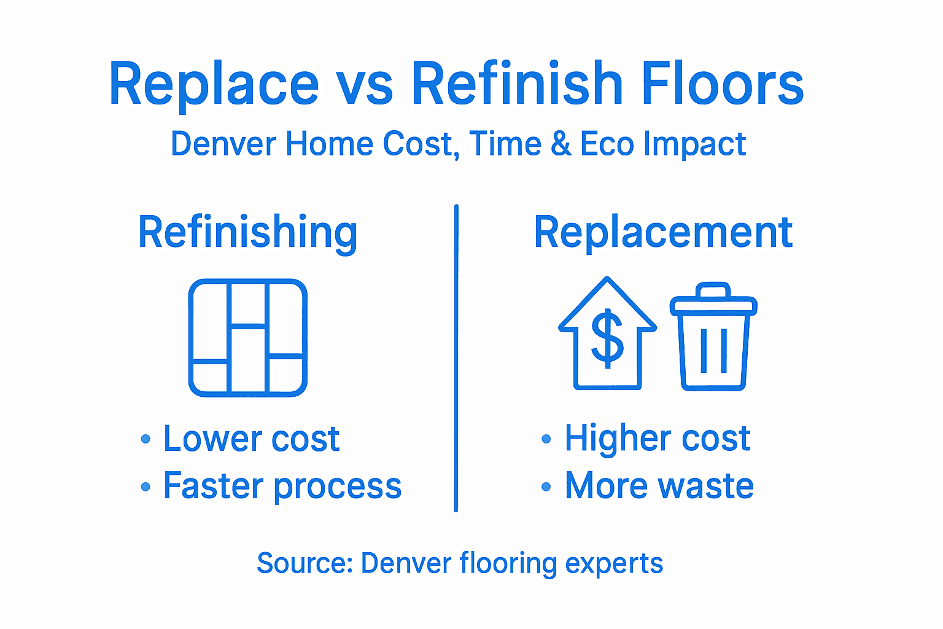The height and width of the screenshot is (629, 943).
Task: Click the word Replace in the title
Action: coord(214,85)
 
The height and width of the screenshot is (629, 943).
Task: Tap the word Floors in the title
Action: coord(723,84)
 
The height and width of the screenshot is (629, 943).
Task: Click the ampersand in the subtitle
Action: coord(560,144)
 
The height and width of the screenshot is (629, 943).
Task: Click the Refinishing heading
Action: coord(247,232)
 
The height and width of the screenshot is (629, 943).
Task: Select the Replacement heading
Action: coord(663,232)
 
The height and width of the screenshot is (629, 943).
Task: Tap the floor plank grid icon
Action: coord(248,338)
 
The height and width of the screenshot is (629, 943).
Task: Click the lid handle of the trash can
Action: coord(713,289)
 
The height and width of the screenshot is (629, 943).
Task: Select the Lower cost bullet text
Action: coord(251,439)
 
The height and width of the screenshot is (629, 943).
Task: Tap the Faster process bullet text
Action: coord(282,486)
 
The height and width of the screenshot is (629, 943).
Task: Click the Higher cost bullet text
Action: coord(658,439)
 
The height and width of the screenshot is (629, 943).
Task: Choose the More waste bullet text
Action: coord(659,486)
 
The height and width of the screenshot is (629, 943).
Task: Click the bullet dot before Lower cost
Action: coord(146,439)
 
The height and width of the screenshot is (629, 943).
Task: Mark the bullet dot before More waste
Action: coord(546,487)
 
